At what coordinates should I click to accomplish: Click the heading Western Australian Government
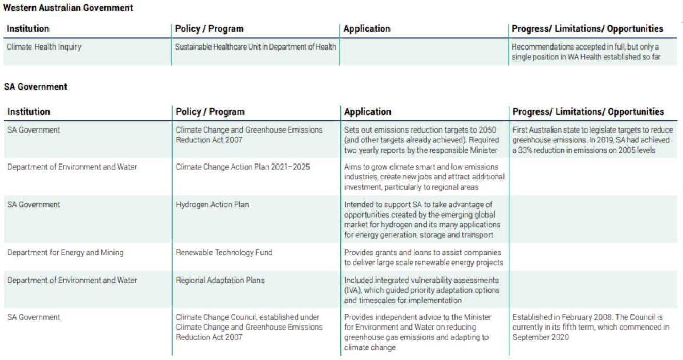click(68, 8)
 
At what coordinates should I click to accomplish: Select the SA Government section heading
click(36, 87)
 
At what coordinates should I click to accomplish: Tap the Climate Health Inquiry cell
click(44, 47)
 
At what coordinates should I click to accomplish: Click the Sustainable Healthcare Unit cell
click(255, 47)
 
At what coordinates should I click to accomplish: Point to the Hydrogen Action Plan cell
click(212, 205)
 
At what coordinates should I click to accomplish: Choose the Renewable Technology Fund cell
click(224, 253)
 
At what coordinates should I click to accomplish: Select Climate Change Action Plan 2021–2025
click(242, 167)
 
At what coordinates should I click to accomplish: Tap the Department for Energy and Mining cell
click(65, 253)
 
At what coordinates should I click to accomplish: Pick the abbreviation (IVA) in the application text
click(353, 290)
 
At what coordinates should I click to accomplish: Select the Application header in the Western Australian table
click(367, 29)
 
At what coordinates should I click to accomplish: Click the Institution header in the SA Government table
click(28, 112)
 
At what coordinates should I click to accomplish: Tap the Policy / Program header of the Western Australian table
click(209, 29)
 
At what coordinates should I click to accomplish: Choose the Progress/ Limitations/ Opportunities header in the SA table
click(588, 112)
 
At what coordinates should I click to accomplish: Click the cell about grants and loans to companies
click(423, 257)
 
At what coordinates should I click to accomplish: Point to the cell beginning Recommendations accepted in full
click(586, 52)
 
